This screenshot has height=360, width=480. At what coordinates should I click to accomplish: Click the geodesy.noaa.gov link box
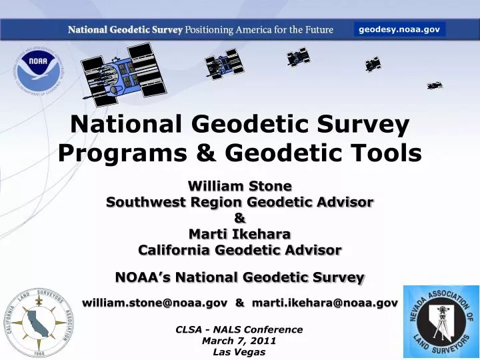(x=399, y=29)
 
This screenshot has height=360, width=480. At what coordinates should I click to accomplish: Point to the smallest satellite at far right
(x=435, y=85)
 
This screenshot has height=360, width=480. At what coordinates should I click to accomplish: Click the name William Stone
(x=240, y=185)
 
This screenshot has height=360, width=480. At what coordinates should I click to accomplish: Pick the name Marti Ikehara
(x=240, y=234)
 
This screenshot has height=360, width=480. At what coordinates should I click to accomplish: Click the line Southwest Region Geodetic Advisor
(x=240, y=201)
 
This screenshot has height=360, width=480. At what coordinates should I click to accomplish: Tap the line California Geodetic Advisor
(x=240, y=250)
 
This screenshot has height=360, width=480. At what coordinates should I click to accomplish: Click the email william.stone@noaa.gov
(x=154, y=303)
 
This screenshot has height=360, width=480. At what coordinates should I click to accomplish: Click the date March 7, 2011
(x=239, y=341)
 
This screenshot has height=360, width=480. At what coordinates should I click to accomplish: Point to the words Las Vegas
(x=239, y=352)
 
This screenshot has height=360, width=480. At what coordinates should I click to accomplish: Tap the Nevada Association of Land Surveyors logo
(x=441, y=322)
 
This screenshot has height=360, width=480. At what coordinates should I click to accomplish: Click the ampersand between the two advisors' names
(x=240, y=217)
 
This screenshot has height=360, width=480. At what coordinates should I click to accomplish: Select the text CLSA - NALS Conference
(x=239, y=329)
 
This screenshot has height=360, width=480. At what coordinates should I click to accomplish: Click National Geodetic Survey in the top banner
(x=125, y=30)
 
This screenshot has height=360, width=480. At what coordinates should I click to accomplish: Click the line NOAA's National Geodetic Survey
(x=240, y=277)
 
